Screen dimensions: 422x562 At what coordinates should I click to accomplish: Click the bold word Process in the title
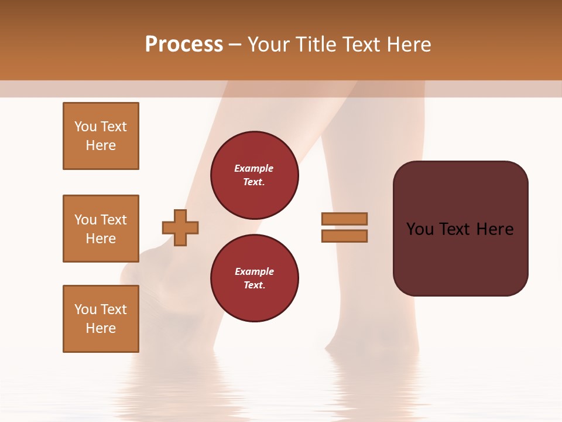[x=184, y=45]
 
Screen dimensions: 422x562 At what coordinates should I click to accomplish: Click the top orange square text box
[x=101, y=136]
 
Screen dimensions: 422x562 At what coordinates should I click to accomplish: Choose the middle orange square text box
[x=101, y=229]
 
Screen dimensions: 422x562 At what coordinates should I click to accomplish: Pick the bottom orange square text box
[x=101, y=319]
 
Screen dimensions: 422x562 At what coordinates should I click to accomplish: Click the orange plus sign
[x=180, y=227]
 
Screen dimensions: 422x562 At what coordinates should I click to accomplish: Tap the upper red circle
[x=255, y=175]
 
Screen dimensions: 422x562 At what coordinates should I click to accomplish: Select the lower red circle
[x=255, y=278]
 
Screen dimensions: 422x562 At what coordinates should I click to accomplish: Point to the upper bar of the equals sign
[x=345, y=219]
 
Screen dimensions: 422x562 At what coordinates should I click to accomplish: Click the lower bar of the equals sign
[x=345, y=236]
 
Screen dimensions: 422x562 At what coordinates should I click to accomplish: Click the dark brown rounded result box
[x=461, y=258]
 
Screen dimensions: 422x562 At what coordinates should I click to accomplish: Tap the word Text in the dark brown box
[x=455, y=229]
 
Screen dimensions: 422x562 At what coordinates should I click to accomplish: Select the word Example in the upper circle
[x=254, y=168]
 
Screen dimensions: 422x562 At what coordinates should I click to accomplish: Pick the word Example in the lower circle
[x=254, y=271]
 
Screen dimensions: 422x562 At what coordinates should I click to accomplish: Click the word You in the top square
[x=85, y=127]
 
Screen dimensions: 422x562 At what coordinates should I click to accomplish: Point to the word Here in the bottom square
[x=101, y=328]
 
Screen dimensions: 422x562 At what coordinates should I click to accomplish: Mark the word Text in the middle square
[x=114, y=220]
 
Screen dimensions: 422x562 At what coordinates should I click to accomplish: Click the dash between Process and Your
[x=235, y=45]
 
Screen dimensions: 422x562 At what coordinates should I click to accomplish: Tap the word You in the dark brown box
[x=420, y=229]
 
